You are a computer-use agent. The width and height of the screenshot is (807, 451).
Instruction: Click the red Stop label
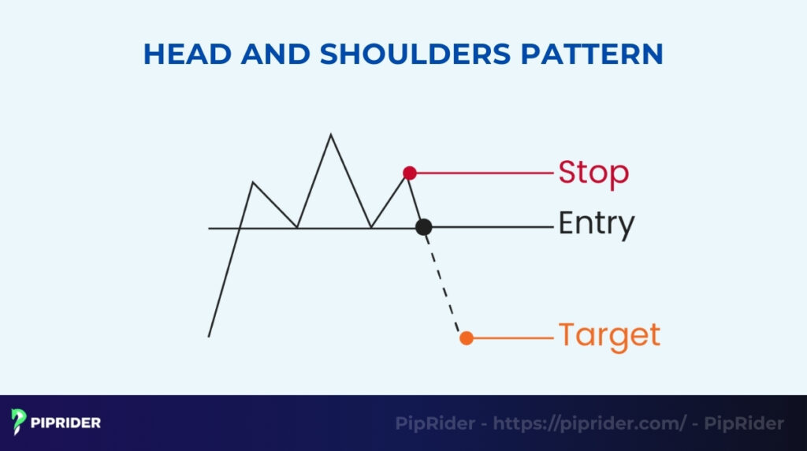click(x=593, y=172)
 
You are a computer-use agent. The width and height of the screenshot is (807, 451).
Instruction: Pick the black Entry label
click(x=596, y=225)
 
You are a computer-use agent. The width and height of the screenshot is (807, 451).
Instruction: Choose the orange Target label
click(x=609, y=335)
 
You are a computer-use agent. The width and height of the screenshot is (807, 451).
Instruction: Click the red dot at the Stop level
click(x=409, y=172)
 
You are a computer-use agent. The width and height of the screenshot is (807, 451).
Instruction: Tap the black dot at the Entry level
click(x=424, y=227)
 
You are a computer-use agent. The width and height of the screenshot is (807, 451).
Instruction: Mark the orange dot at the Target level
click(x=467, y=338)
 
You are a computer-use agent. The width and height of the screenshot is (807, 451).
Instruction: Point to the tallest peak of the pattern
click(x=330, y=135)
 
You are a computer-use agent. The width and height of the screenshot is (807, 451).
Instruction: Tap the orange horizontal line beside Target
click(x=512, y=338)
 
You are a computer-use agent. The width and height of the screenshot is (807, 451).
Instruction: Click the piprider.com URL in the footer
click(x=589, y=423)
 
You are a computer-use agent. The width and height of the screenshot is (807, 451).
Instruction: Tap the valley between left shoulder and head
click(x=297, y=228)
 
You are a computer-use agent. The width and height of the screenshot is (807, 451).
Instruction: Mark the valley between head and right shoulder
click(x=371, y=228)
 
